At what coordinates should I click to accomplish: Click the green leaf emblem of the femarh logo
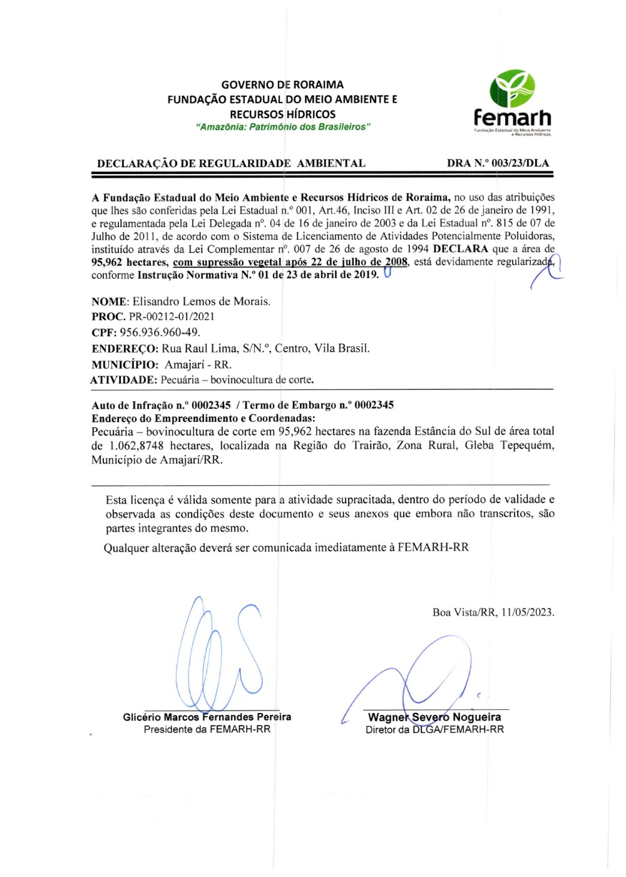[x=512, y=88]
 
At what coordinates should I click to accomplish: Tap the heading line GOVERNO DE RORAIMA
[x=282, y=85]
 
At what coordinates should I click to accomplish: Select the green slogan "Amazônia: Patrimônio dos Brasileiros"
[x=283, y=127]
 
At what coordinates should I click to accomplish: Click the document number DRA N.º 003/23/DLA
[x=498, y=163]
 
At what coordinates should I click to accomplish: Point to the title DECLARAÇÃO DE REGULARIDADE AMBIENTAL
[x=231, y=163]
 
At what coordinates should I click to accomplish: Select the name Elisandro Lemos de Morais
[x=202, y=301]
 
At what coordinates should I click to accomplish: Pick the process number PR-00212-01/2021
[x=172, y=317]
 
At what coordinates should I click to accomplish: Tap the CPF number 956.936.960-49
[x=160, y=332]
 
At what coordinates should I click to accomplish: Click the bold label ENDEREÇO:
[x=125, y=349]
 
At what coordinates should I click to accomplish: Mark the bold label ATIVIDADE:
[x=123, y=380]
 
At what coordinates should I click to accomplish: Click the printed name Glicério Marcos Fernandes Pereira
[x=207, y=717]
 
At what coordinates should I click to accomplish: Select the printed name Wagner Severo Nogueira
[x=434, y=717]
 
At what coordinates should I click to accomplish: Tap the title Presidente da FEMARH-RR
[x=207, y=729]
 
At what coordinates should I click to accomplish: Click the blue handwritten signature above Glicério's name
[x=218, y=651]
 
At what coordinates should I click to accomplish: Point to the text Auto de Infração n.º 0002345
[x=161, y=405]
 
